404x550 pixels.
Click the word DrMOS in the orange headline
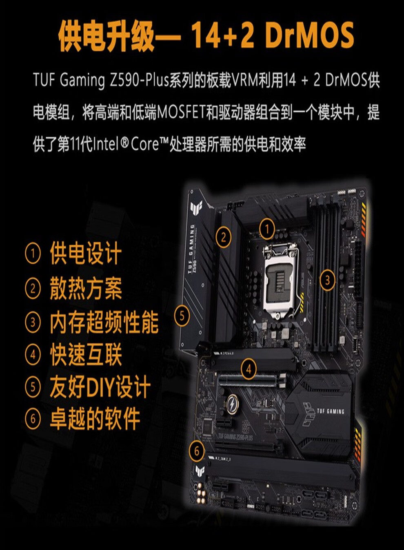pyautogui.click(x=309, y=35)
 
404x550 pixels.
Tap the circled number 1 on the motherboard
pyautogui.click(x=267, y=229)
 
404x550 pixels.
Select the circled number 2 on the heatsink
pyautogui.click(x=223, y=237)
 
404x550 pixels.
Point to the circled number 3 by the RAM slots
pyautogui.click(x=327, y=280)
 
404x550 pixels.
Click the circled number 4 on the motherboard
pyautogui.click(x=249, y=369)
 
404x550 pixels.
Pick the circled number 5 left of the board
pyautogui.click(x=182, y=316)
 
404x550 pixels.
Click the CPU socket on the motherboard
pyautogui.click(x=280, y=281)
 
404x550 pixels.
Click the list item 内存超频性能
pyautogui.click(x=104, y=322)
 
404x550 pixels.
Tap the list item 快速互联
pyautogui.click(x=86, y=354)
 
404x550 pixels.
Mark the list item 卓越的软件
pyautogui.click(x=95, y=418)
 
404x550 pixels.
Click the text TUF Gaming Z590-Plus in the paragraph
pyautogui.click(x=100, y=80)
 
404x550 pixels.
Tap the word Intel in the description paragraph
pyautogui.click(x=106, y=144)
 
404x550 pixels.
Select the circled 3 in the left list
pyautogui.click(x=33, y=322)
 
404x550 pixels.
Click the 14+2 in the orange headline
pyautogui.click(x=223, y=35)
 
